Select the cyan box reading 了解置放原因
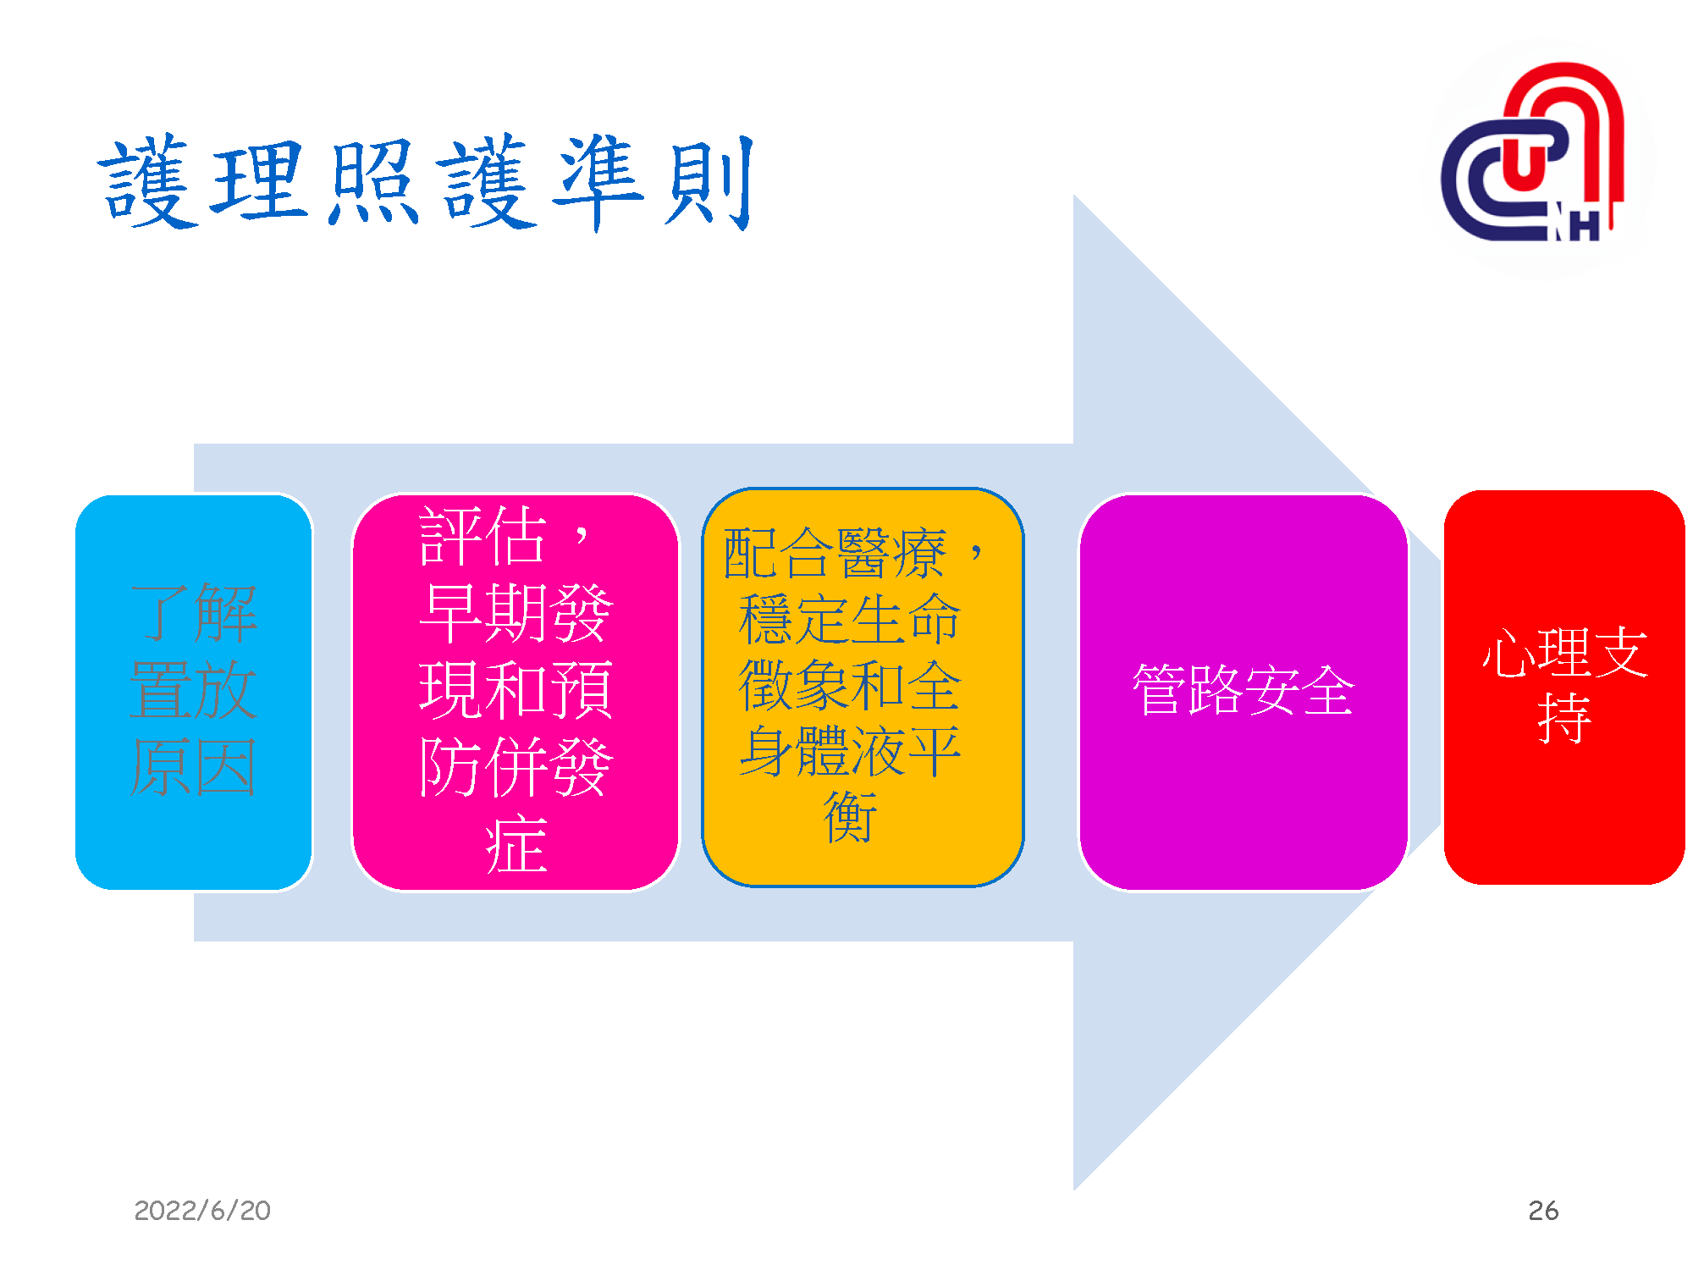coord(194,692)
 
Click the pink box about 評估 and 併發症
coord(516,692)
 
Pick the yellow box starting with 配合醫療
coord(863,687)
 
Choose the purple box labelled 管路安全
coord(1243,692)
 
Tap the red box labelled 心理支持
coord(1563,687)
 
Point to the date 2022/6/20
coord(202,1210)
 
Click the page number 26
coord(1542,1210)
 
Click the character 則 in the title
coord(709,182)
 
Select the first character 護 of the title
coord(148,182)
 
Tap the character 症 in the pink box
coord(516,844)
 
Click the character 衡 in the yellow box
coord(849,817)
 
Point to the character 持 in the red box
coord(1563,719)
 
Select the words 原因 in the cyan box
coord(194,767)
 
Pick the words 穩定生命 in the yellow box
coord(849,620)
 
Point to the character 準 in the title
coord(597,182)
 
